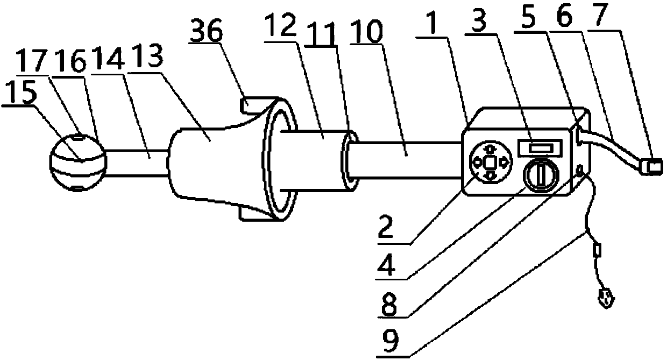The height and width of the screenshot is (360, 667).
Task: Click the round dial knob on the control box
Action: tap(540, 175)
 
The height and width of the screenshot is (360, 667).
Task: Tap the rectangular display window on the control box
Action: tap(539, 146)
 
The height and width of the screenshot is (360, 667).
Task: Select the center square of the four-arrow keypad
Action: tap(489, 161)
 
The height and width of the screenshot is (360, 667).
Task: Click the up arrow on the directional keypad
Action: tap(489, 147)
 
